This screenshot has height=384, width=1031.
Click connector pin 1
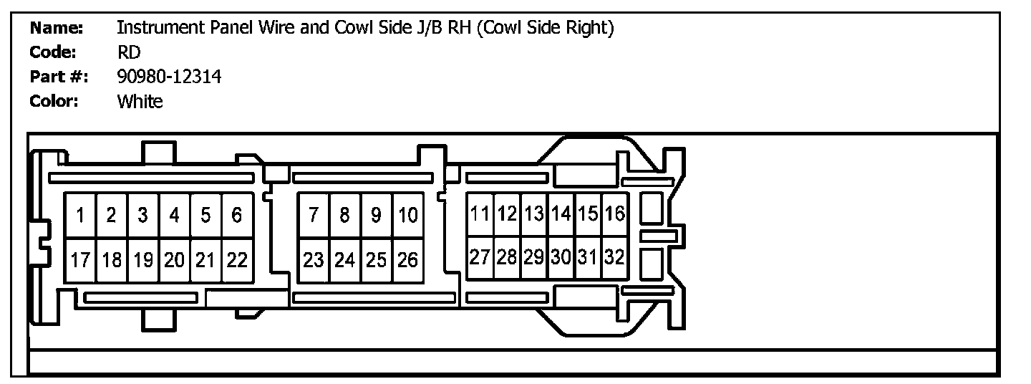[x=81, y=215]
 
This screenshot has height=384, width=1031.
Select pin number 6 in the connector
[x=237, y=215]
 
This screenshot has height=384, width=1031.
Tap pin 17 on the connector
[x=81, y=260]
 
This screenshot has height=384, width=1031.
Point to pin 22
[x=237, y=260]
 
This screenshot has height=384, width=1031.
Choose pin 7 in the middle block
[x=314, y=215]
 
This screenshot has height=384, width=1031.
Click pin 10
[x=407, y=215]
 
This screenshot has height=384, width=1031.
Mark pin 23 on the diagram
[x=314, y=260]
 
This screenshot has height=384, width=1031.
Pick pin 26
[x=407, y=260]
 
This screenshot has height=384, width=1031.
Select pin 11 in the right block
[x=480, y=213]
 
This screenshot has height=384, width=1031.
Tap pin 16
[x=614, y=213]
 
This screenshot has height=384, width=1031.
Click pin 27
[x=480, y=257]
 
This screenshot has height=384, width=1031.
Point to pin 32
[x=614, y=257]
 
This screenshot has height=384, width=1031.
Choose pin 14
[x=561, y=213]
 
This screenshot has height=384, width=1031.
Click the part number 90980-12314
[x=169, y=77]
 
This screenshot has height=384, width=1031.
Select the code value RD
[x=129, y=52]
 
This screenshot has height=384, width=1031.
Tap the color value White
[x=140, y=101]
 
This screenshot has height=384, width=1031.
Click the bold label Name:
[x=57, y=28]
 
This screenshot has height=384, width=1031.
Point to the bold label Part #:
[x=59, y=77]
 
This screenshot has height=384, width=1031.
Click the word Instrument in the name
[x=159, y=28]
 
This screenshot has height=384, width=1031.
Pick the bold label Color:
[x=54, y=101]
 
